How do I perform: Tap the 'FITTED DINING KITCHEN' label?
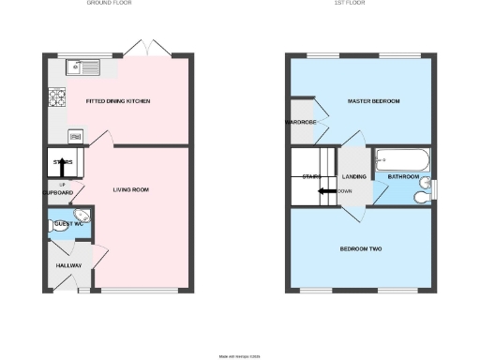118,100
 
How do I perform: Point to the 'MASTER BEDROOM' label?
373,100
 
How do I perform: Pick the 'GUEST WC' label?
68,225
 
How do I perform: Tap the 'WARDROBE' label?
299,123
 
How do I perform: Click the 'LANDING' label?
354,176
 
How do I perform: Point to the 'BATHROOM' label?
402,176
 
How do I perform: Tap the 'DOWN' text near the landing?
346,191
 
